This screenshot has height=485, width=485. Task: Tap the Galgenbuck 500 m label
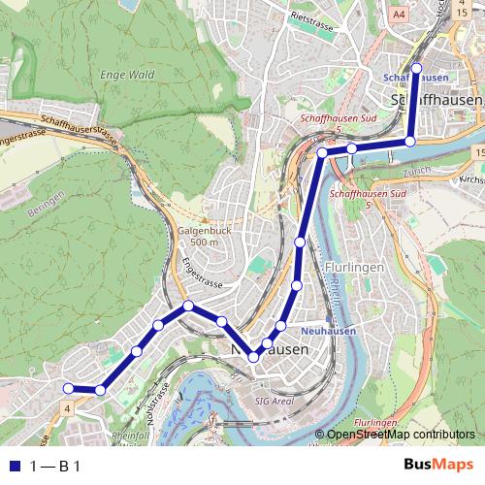(x=200, y=237)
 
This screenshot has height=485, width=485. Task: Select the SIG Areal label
(x=274, y=400)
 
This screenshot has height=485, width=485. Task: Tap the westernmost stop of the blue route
(x=68, y=389)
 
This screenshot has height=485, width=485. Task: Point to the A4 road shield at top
(x=399, y=16)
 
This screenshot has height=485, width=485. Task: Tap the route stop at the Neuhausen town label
(x=254, y=357)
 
